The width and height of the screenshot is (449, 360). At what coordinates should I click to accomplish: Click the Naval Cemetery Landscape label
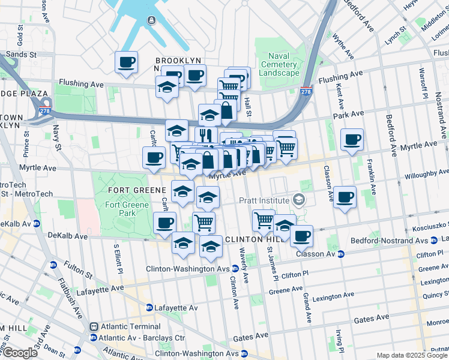[279, 64]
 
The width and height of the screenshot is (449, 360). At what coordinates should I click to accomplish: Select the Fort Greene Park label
[121, 209]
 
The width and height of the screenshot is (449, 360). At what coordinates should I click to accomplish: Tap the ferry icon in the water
[151, 22]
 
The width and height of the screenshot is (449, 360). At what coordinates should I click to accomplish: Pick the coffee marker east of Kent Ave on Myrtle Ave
[352, 140]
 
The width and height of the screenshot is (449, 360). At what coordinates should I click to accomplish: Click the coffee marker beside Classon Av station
[302, 235]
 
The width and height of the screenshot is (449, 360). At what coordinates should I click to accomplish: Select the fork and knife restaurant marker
[206, 134]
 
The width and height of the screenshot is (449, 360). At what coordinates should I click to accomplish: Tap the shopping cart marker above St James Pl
[264, 220]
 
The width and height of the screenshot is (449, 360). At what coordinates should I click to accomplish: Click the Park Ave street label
[349, 113]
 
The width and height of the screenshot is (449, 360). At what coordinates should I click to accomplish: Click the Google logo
[19, 353]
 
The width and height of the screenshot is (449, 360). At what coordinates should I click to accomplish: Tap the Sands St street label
[22, 54]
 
